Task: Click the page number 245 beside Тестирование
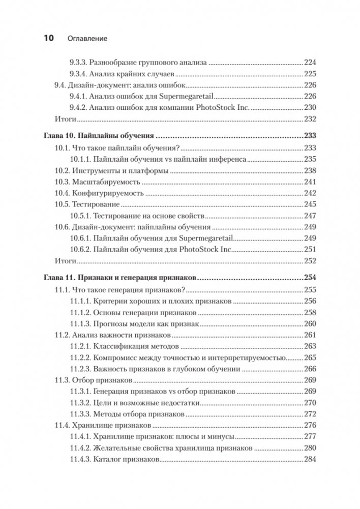click(310, 204)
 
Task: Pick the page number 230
click(310, 107)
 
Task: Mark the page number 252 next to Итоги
click(310, 261)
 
